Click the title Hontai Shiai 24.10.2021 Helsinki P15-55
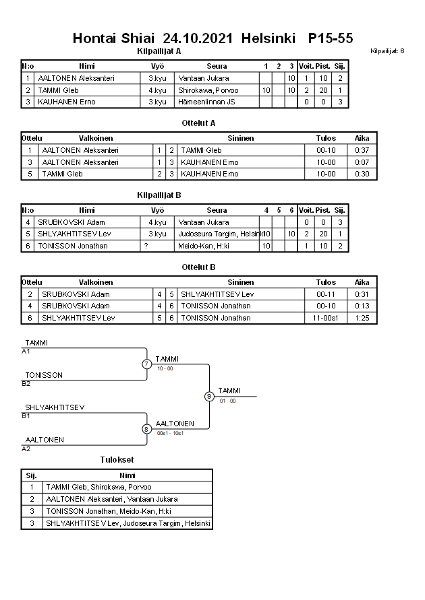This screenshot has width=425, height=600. [x=213, y=38]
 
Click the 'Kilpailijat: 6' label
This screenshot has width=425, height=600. [x=387, y=51]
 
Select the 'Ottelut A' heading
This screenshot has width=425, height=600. [x=198, y=123]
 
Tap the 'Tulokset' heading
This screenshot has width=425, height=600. [x=117, y=459]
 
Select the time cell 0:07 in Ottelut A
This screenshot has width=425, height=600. [x=362, y=162]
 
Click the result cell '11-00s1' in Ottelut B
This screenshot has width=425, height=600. [x=326, y=317]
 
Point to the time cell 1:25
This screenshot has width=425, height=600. [x=362, y=317]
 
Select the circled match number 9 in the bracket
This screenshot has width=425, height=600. [x=209, y=396]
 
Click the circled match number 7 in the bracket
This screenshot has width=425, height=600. [x=146, y=364]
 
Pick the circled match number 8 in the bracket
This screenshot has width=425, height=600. [x=146, y=429]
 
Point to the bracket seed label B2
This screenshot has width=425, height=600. [x=26, y=384]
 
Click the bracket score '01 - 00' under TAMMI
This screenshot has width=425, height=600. [x=227, y=401]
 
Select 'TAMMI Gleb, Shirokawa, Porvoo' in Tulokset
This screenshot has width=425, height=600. [x=98, y=487]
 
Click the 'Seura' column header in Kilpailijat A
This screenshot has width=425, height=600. [x=217, y=66]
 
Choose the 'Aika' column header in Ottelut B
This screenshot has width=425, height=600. [x=362, y=283]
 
